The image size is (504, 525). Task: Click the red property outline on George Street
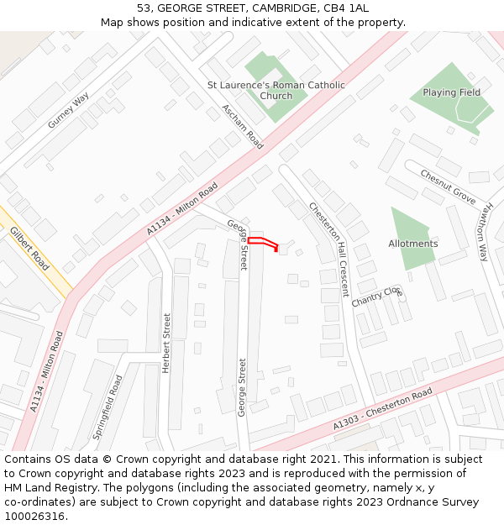[x=262, y=242]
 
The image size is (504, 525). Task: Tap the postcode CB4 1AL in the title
[x=346, y=8]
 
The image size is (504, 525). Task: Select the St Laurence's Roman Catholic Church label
[x=276, y=90]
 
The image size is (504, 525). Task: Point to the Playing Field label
[x=451, y=92]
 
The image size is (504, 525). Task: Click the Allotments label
[x=412, y=244]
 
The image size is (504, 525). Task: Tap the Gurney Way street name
[x=68, y=110]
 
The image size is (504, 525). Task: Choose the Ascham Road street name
[x=243, y=126]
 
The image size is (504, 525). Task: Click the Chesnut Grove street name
[x=449, y=187]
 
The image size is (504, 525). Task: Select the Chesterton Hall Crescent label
[x=328, y=249]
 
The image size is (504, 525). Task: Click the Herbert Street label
[x=166, y=343]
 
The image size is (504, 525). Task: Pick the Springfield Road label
[x=108, y=407]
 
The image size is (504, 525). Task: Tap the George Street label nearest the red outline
[x=239, y=244]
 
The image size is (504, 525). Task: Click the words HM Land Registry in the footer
[x=44, y=488]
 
